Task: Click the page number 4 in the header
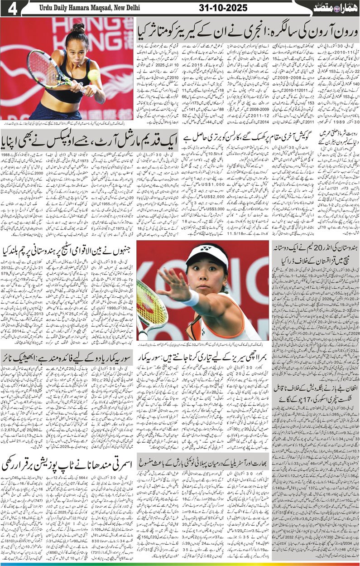(x=12, y=8)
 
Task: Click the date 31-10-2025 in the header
(x=223, y=8)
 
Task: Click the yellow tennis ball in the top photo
(x=94, y=75)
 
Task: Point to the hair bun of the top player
(x=77, y=28)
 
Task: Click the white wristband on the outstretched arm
(x=192, y=298)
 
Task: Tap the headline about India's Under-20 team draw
(x=316, y=254)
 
